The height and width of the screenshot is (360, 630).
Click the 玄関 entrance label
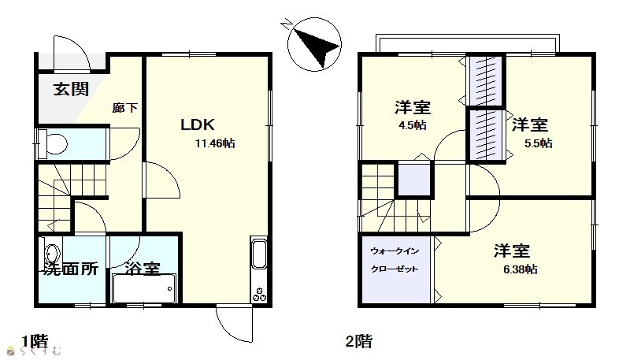point(71,89)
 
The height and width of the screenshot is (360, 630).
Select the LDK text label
point(198,124)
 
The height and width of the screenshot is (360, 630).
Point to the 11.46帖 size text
point(215,143)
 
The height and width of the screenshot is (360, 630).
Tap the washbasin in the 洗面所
point(52,254)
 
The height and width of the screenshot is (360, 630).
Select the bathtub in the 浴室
point(144,288)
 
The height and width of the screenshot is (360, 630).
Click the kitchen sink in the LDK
point(258,254)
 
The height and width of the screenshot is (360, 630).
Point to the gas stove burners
point(259,295)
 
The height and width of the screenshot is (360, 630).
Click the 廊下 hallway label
point(124,108)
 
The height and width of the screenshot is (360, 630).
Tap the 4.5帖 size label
point(412,125)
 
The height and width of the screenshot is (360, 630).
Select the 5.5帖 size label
point(538,143)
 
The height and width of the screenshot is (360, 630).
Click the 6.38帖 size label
point(521,269)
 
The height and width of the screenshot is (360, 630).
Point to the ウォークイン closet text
point(395,251)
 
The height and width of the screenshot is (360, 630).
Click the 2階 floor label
point(359,342)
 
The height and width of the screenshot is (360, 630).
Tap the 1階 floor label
point(35,342)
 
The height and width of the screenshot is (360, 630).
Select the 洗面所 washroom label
point(71,269)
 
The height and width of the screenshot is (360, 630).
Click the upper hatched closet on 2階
point(485,80)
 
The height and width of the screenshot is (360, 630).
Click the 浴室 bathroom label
point(143,269)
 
